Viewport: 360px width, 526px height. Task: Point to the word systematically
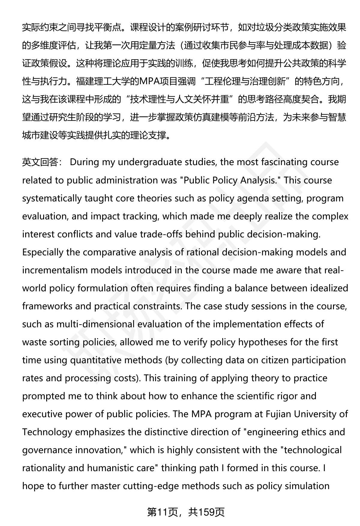click(52, 198)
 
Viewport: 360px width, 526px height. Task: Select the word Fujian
click(278, 414)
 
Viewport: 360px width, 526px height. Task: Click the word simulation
click(308, 486)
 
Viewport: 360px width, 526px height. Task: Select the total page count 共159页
click(207, 512)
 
